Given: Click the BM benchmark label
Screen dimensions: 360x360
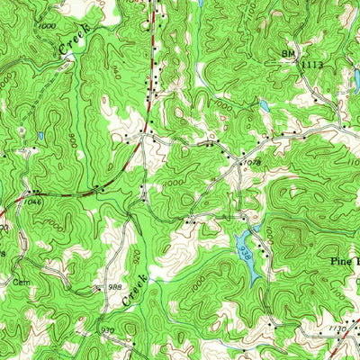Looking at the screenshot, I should click(x=288, y=54).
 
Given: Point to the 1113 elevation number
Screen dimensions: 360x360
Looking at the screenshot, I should click(x=311, y=65).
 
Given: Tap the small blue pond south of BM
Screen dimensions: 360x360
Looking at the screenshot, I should click(x=264, y=105).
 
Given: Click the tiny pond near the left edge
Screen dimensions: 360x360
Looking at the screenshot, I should click(x=40, y=137).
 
